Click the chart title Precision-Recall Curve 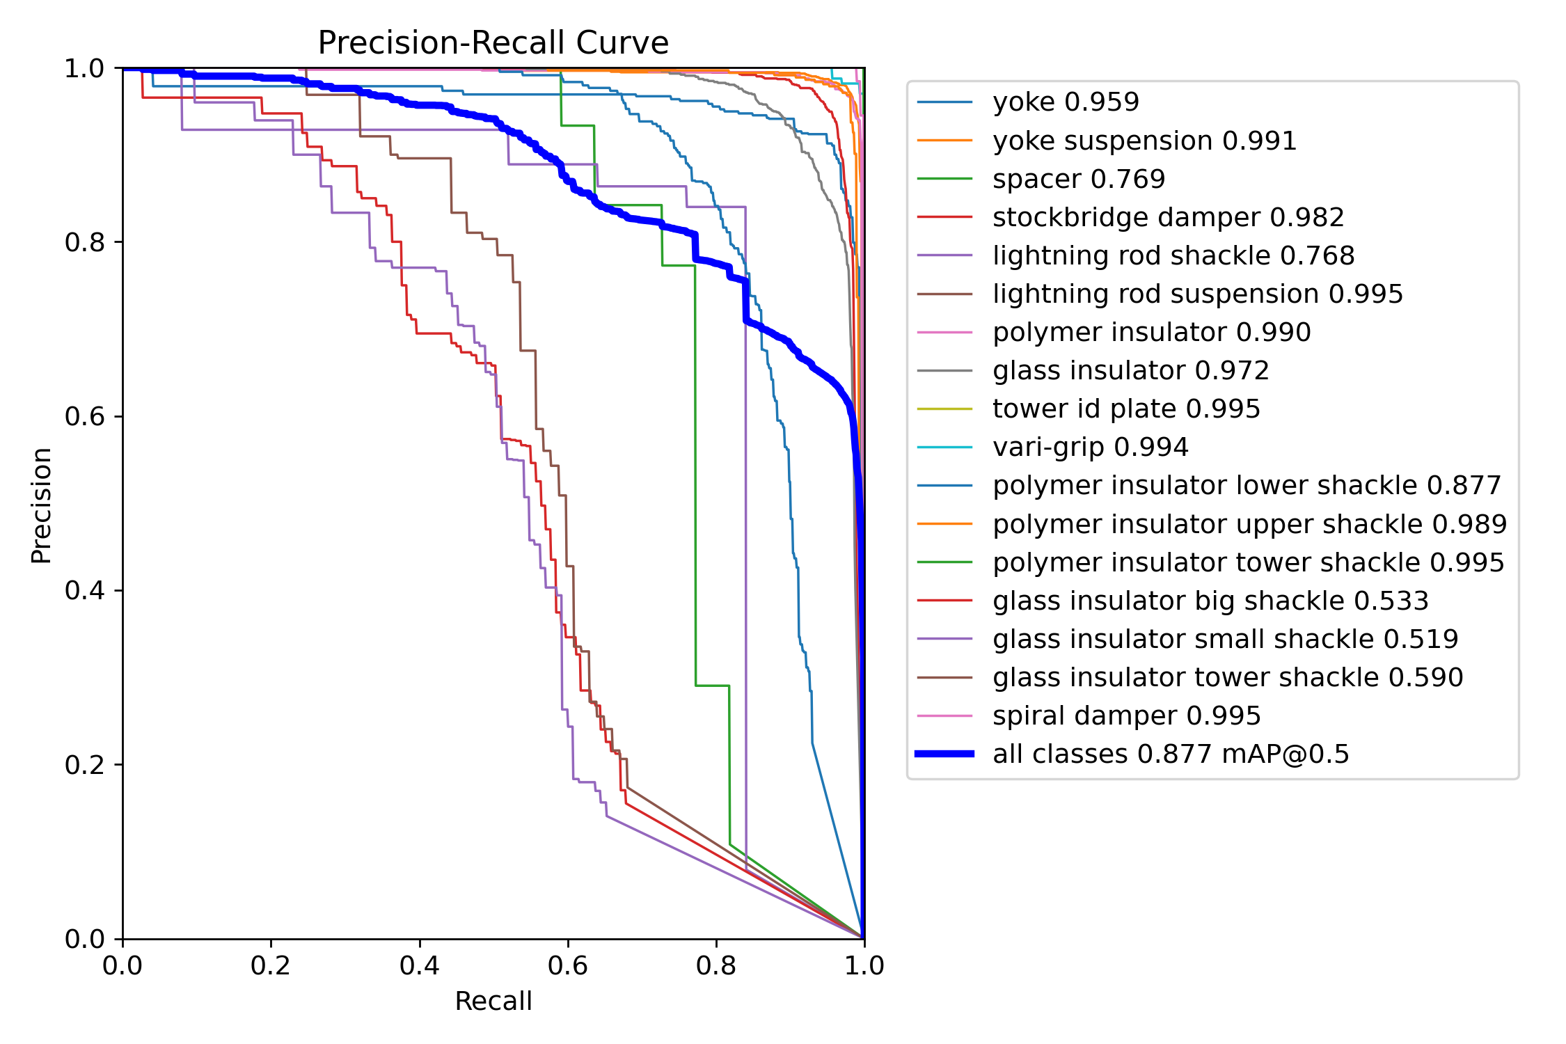493,43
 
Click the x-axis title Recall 493,1001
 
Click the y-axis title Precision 42,505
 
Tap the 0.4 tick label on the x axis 419,965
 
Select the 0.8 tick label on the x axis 715,965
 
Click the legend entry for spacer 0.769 1078,179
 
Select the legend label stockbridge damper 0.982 1168,217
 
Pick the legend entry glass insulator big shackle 1210,601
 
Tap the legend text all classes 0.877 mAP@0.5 1171,754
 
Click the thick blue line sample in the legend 944,754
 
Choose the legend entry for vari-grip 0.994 1090,447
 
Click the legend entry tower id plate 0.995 1126,409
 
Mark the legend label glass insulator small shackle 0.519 1225,639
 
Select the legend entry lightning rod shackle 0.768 1173,255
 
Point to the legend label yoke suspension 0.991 1144,141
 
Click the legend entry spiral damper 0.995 1126,715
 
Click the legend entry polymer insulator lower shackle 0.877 1247,485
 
